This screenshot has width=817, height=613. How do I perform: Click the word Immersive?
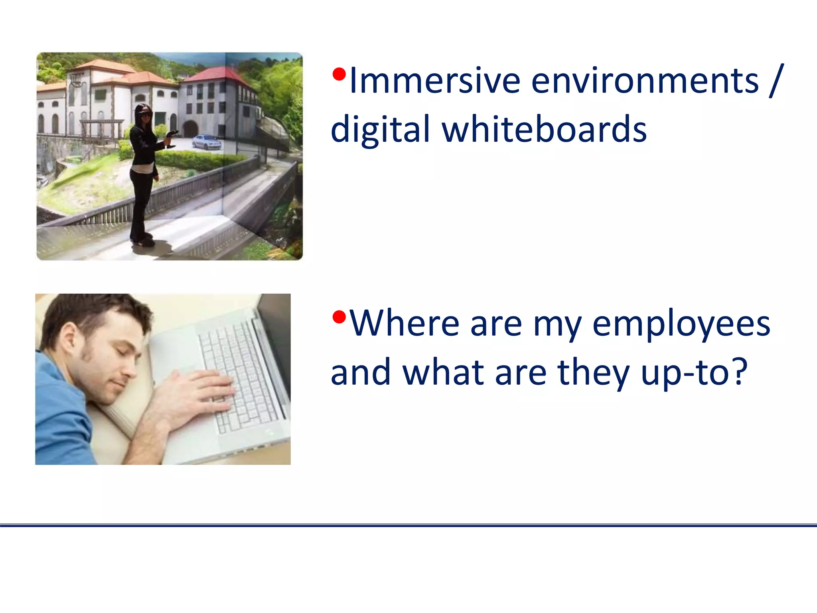click(x=434, y=81)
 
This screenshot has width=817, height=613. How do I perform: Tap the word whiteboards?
click(x=544, y=129)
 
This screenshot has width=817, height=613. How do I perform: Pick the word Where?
click(x=405, y=324)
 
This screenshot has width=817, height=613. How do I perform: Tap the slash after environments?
click(x=776, y=81)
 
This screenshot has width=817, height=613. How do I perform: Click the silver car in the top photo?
click(x=206, y=142)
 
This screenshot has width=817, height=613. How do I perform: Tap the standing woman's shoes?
click(x=144, y=240)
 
